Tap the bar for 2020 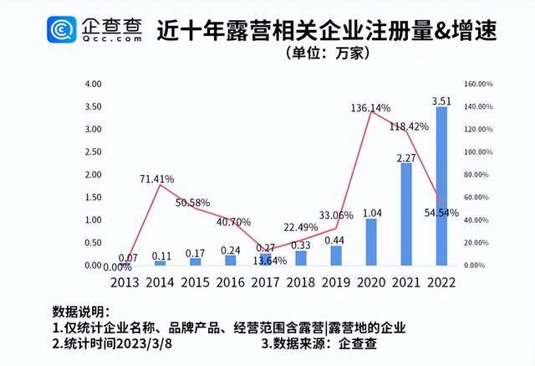(371, 242)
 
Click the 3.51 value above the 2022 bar (441, 101)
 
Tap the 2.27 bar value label (406, 157)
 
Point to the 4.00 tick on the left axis (93, 85)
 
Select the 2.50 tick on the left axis (93, 152)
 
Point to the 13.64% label (268, 260)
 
